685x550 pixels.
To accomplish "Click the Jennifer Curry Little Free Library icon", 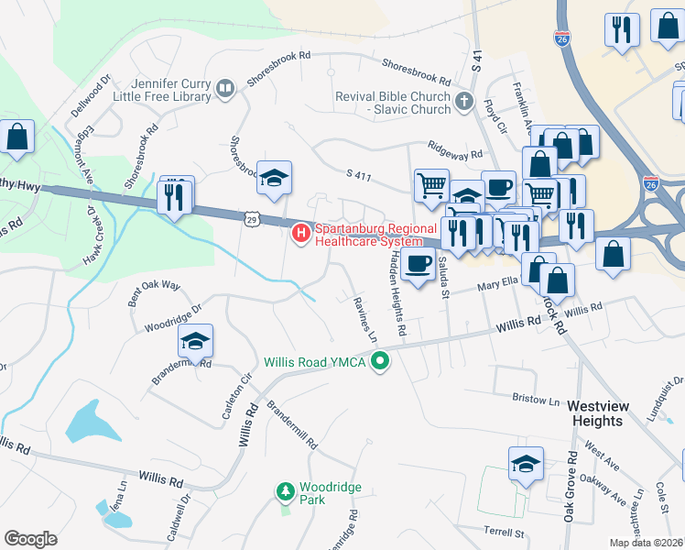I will (x=224, y=88).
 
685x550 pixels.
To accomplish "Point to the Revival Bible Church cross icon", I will (x=464, y=102).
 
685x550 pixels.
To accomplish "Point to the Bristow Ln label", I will (x=536, y=401).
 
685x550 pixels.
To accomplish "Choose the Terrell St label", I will (x=502, y=531).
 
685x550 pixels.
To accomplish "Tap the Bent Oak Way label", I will (x=155, y=286).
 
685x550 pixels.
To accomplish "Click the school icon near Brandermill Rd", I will (x=195, y=342).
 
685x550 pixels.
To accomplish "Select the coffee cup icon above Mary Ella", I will (x=418, y=264).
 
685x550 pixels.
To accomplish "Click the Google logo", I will (x=31, y=539).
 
